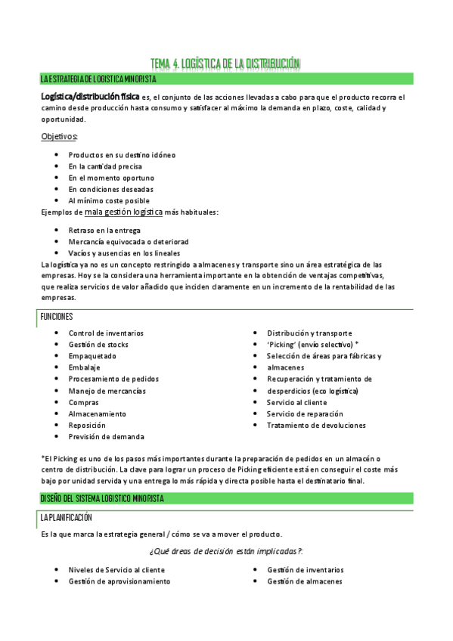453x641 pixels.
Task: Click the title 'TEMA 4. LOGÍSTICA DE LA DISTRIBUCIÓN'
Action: pyautogui.click(x=225, y=63)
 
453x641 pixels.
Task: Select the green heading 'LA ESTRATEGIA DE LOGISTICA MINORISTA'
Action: pyautogui.click(x=98, y=79)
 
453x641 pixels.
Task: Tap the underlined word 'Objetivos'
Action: pyautogui.click(x=59, y=136)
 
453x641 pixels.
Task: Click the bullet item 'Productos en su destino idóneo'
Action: pyautogui.click(x=122, y=155)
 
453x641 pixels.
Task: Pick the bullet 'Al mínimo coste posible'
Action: pyautogui.click(x=109, y=201)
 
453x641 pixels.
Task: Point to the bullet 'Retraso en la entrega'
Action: pyautogui.click(x=104, y=230)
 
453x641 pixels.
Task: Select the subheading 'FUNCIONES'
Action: pyautogui.click(x=57, y=317)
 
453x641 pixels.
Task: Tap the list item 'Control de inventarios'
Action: pyautogui.click(x=106, y=333)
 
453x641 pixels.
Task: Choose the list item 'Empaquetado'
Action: pyautogui.click(x=92, y=356)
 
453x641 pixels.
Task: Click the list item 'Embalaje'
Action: pyautogui.click(x=84, y=367)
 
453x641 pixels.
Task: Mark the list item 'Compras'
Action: pyautogui.click(x=84, y=402)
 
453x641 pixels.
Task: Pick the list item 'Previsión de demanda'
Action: pyautogui.click(x=107, y=437)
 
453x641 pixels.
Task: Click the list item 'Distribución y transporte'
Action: pyautogui.click(x=309, y=333)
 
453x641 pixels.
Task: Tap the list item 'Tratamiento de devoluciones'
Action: pyautogui.click(x=316, y=426)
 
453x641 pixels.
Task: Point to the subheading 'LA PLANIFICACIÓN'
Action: pyautogui.click(x=67, y=518)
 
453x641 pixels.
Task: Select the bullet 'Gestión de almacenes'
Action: pyautogui.click(x=305, y=581)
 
